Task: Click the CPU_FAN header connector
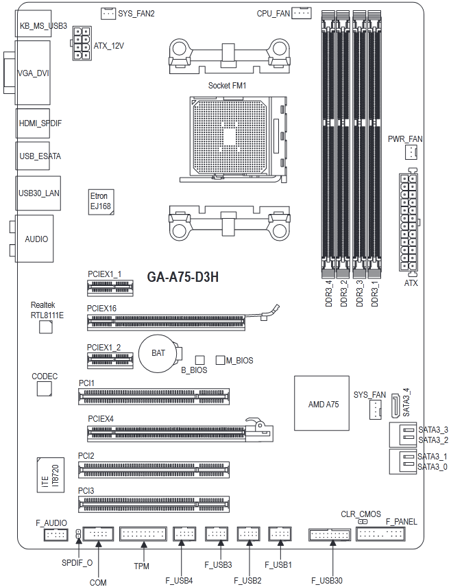(x=302, y=13)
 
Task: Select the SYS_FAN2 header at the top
(x=108, y=14)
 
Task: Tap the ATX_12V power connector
(x=81, y=43)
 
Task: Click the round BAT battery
(x=159, y=352)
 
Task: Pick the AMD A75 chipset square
(x=321, y=403)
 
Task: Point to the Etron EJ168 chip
(x=101, y=202)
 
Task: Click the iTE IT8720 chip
(x=51, y=475)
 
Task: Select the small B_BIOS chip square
(x=200, y=360)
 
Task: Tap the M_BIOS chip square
(x=220, y=360)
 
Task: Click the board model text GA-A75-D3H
(x=182, y=277)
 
